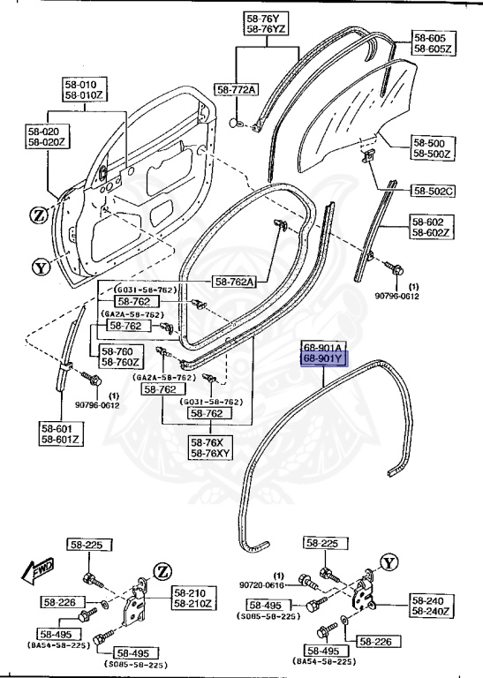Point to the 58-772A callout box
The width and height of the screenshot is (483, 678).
click(x=237, y=90)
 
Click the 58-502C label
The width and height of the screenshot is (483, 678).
click(x=433, y=190)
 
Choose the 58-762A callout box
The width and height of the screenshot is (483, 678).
click(x=235, y=282)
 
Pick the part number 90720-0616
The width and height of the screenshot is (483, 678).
click(x=261, y=584)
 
